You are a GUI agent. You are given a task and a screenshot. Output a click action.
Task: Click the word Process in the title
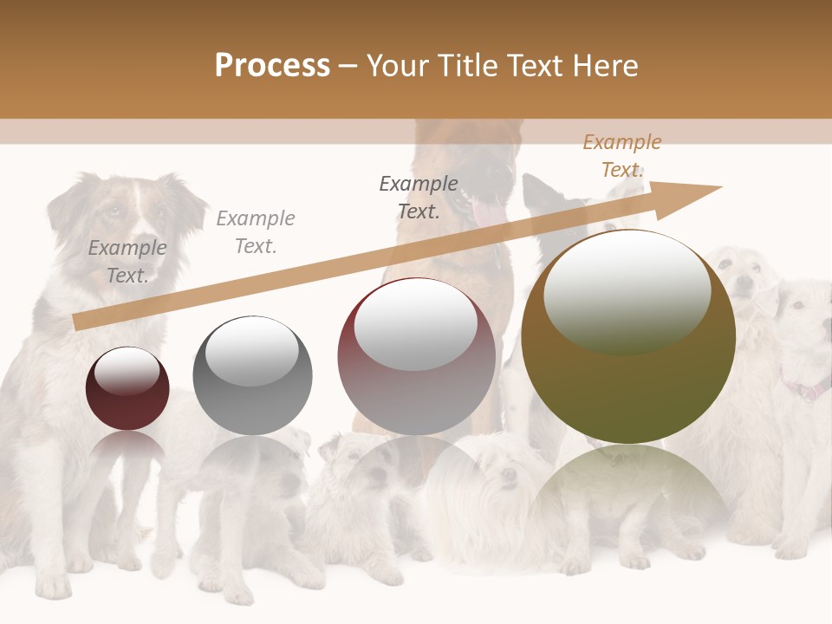[x=272, y=66]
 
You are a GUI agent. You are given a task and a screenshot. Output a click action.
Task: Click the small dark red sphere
[x=127, y=389]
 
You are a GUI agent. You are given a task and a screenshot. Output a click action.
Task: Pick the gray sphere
[x=252, y=376]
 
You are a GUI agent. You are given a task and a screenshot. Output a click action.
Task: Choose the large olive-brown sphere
[x=628, y=337]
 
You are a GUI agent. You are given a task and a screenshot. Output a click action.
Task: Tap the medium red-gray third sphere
[x=416, y=357]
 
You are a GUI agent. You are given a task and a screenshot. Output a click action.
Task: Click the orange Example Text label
[x=621, y=156]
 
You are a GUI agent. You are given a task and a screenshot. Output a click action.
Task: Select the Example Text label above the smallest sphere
[x=127, y=261]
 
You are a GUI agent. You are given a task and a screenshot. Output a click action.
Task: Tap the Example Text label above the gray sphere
[x=255, y=231]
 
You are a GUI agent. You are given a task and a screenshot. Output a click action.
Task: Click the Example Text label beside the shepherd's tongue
[x=419, y=197]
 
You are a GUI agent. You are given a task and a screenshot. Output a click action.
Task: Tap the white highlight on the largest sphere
[x=627, y=290]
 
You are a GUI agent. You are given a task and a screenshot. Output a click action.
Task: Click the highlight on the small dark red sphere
[x=127, y=371]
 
